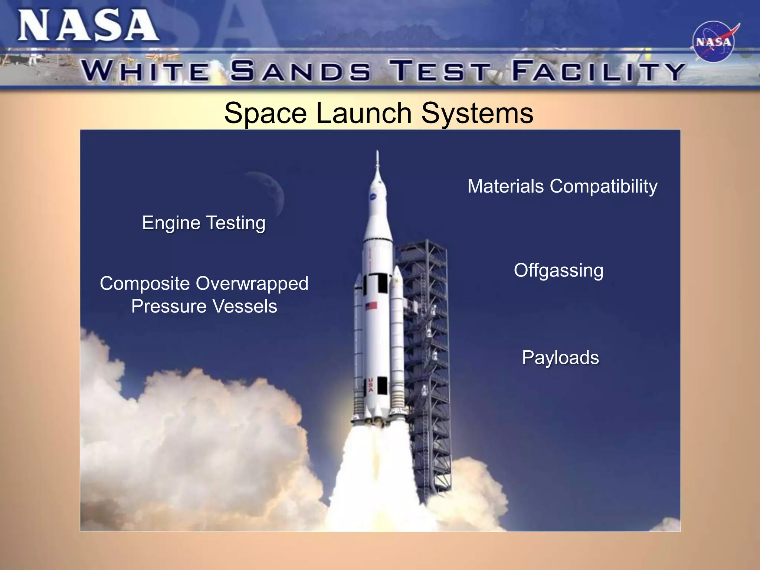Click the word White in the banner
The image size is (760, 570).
point(145,71)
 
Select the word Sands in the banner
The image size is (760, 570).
point(300,71)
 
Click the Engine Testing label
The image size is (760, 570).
point(204,223)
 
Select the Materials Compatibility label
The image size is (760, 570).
point(562,186)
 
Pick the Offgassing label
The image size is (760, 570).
point(558,270)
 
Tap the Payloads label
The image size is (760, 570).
point(560,358)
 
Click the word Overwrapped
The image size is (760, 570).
point(252,284)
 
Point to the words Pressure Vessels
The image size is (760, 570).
point(204,307)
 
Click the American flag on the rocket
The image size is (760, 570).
point(371,306)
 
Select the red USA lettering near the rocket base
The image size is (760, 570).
point(370,385)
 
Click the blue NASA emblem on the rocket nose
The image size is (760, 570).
point(373,197)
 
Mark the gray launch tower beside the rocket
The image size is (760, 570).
point(427,356)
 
